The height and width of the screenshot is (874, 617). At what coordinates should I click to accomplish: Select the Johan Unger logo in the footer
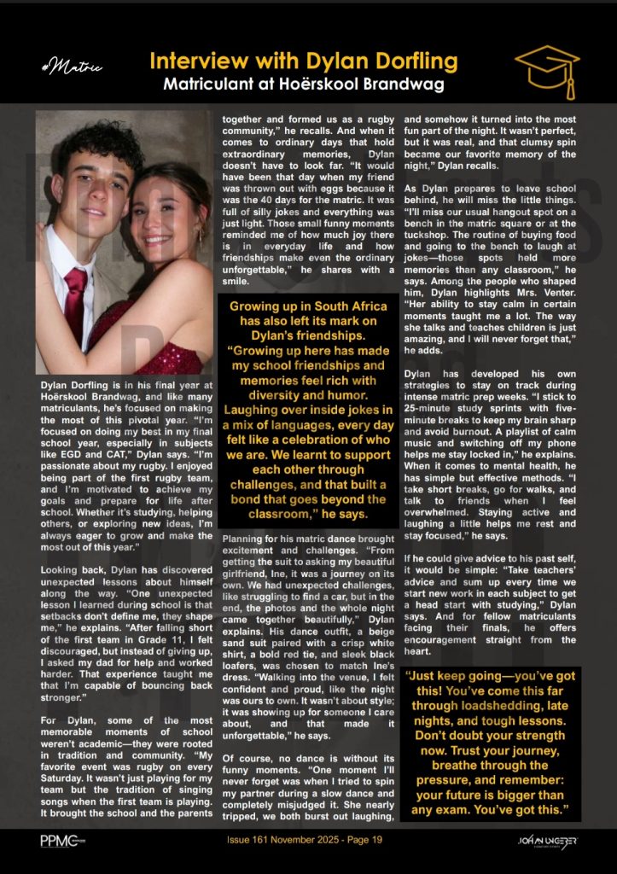click(549, 841)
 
